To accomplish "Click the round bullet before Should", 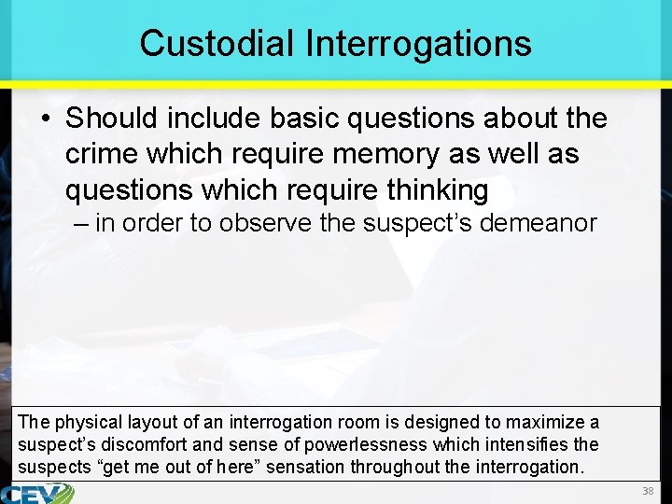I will point(47,119).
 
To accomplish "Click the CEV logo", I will point(37,494).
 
